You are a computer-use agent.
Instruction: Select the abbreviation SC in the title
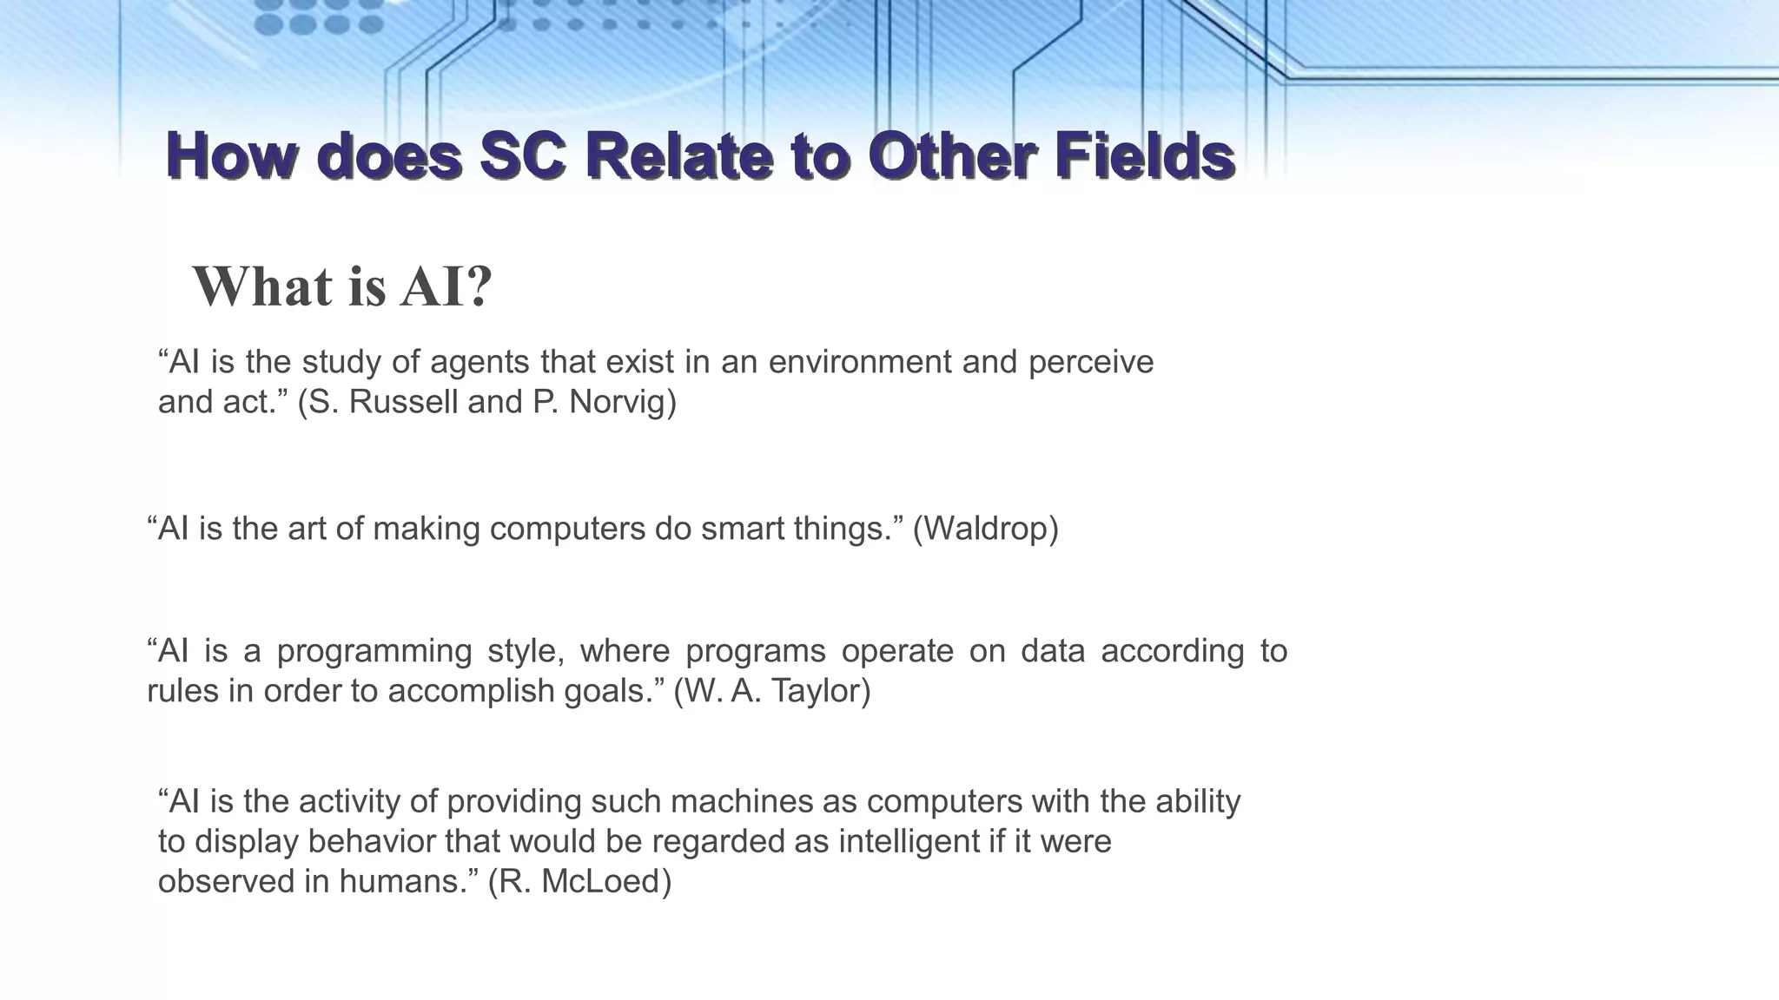coord(523,156)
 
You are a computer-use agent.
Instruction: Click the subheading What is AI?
coord(342,286)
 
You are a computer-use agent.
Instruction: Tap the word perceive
coord(1091,362)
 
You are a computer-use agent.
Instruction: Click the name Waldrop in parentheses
coord(985,529)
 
